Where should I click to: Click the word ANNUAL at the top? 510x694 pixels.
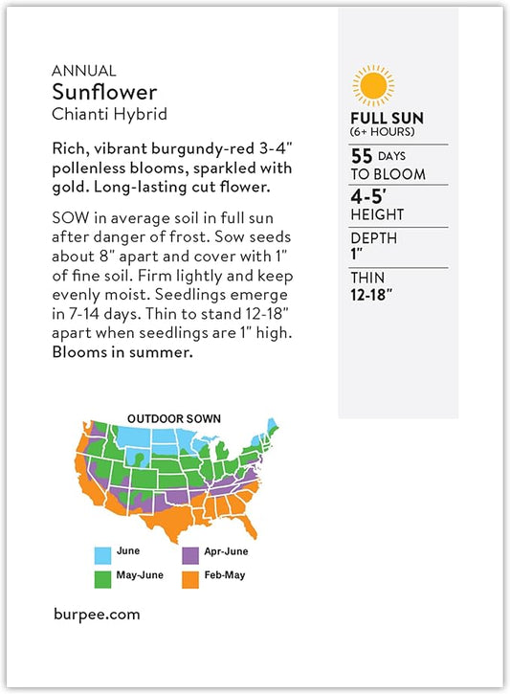(x=84, y=70)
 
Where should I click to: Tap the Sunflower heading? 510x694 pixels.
(x=104, y=92)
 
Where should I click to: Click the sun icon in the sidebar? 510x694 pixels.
(x=372, y=85)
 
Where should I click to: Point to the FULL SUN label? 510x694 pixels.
(x=387, y=119)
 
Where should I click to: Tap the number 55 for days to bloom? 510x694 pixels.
(x=362, y=155)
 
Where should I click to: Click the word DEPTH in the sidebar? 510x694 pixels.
(x=373, y=238)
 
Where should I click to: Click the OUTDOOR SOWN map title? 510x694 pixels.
(x=174, y=418)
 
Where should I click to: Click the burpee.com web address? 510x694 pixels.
(x=96, y=615)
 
